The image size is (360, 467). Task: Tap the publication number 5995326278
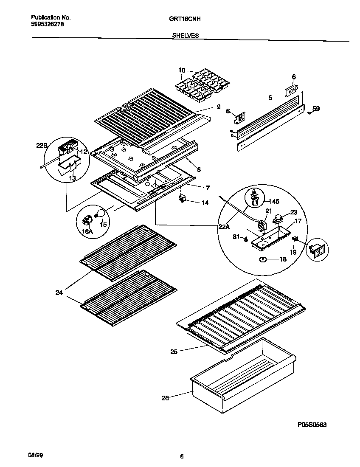pyautogui.click(x=48, y=25)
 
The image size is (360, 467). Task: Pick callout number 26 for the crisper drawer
pyautogui.click(x=166, y=398)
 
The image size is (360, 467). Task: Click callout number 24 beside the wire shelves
pyautogui.click(x=59, y=292)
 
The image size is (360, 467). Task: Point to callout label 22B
pyautogui.click(x=41, y=146)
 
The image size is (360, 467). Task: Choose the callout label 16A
pyautogui.click(x=86, y=231)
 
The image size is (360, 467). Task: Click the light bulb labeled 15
pyautogui.click(x=101, y=214)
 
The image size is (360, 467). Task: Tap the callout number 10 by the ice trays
pyautogui.click(x=182, y=70)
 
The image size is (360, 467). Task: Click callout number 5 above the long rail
pyautogui.click(x=270, y=98)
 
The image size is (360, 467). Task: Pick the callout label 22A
pyautogui.click(x=224, y=227)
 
